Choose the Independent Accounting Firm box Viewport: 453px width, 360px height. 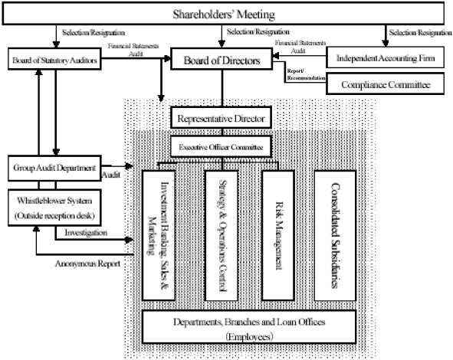[x=387, y=58]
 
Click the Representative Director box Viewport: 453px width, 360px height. [x=220, y=119]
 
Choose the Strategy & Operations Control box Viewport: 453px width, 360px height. [x=224, y=234]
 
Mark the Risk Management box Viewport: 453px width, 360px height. [x=278, y=234]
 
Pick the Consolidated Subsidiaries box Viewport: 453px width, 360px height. [x=336, y=234]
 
